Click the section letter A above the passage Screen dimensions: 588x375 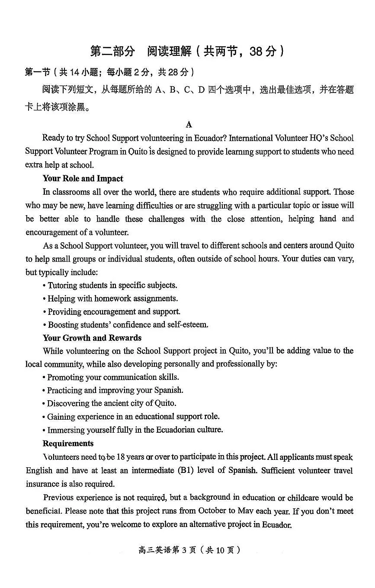coord(189,125)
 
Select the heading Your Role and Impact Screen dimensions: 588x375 coord(83,179)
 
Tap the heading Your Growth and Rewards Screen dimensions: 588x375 coord(92,338)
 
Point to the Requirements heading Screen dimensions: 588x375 coord(68,443)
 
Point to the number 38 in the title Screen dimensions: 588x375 coord(256,51)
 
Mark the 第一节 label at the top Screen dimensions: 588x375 coord(38,72)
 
